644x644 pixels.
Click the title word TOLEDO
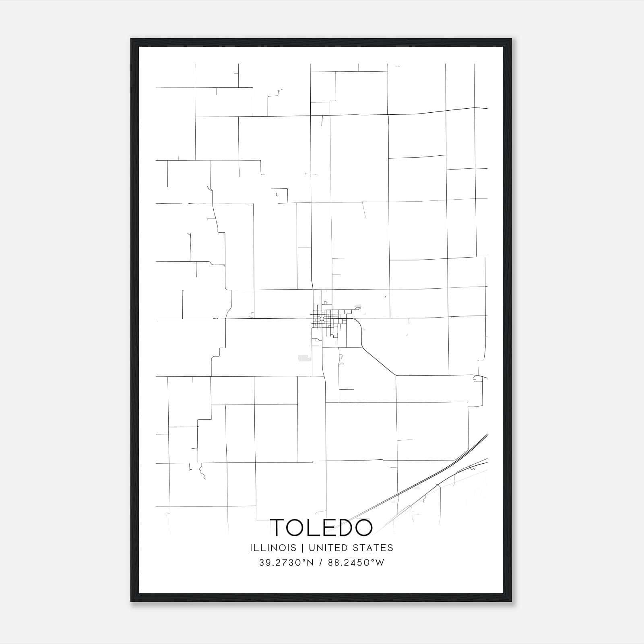[321, 527]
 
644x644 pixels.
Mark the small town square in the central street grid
[322, 319]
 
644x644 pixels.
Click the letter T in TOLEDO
[278, 527]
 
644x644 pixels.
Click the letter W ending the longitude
[380, 563]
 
